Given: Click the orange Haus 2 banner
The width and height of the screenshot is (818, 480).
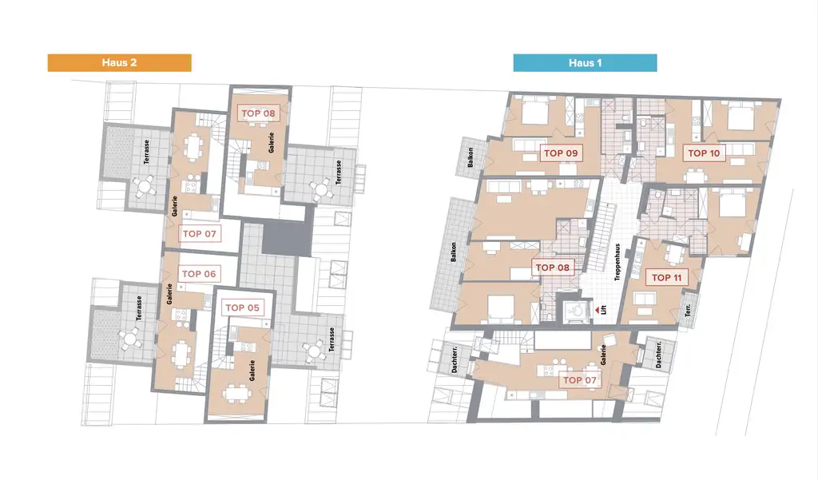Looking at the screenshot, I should point(119,62).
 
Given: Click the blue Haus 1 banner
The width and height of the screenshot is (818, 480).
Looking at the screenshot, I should point(585,62).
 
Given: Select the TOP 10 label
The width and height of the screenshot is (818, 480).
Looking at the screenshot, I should point(704,153).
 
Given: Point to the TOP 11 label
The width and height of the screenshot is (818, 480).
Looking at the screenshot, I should point(667,277).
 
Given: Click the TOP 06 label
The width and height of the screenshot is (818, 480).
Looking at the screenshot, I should point(199,274).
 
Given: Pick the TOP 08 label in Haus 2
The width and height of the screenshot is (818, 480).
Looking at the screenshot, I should point(258,113).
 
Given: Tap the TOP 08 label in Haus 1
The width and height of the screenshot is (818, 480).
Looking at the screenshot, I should point(552,268).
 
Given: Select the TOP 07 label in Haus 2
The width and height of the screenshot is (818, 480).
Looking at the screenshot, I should point(199,234).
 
